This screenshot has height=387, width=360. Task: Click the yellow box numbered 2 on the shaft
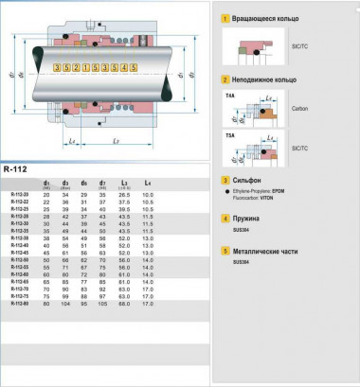click(76, 68)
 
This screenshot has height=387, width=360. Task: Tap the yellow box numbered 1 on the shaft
click(86, 68)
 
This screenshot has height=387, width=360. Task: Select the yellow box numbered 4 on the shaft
click(125, 68)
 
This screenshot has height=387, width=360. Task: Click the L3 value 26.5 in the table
click(124, 194)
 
